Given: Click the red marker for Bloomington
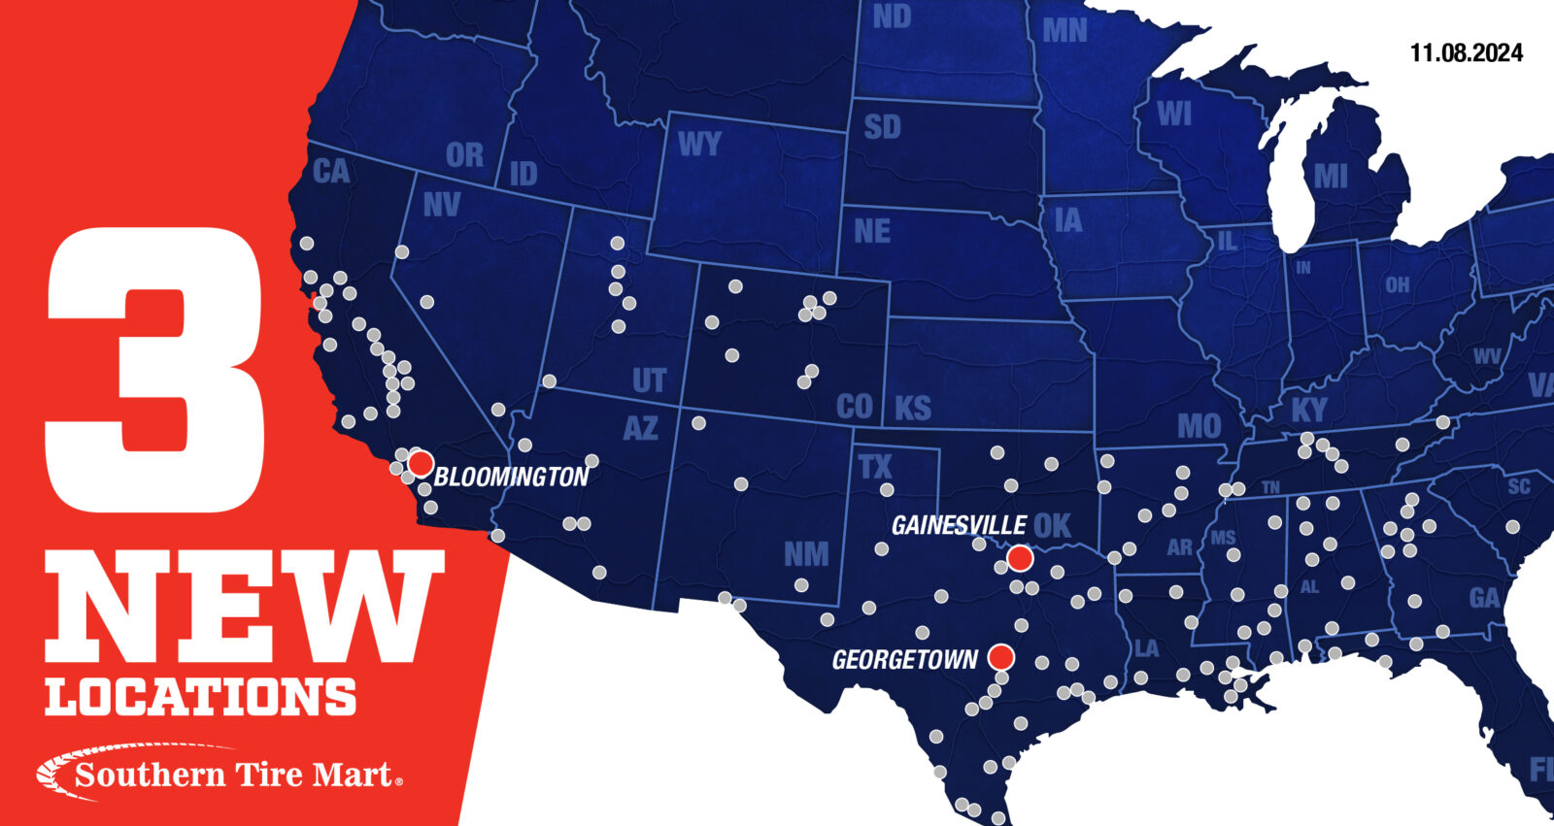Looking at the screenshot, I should pyautogui.click(x=420, y=462).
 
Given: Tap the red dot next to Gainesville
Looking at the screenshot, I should pyautogui.click(x=1019, y=557).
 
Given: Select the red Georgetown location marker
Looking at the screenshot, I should pyautogui.click(x=1000, y=657).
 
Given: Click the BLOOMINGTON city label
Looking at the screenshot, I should pyautogui.click(x=511, y=477).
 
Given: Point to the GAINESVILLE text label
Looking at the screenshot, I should pyautogui.click(x=959, y=525).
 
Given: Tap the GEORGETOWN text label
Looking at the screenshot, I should pyautogui.click(x=904, y=660).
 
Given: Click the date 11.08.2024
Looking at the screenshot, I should pyautogui.click(x=1466, y=53).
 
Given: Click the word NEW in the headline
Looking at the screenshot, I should pyautogui.click(x=243, y=607).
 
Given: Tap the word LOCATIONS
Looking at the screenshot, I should pyautogui.click(x=201, y=697).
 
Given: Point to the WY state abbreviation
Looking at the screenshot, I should pyautogui.click(x=699, y=145).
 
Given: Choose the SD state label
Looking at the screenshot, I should pyautogui.click(x=882, y=127).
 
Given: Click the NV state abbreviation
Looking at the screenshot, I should pyautogui.click(x=442, y=205).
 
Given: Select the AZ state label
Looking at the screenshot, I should pyautogui.click(x=640, y=428).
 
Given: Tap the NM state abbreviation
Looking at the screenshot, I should pyautogui.click(x=806, y=554).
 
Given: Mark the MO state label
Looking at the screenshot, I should pyautogui.click(x=1199, y=426).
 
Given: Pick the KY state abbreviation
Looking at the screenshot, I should pyautogui.click(x=1308, y=410).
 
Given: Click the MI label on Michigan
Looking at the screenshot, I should pyautogui.click(x=1330, y=176).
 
